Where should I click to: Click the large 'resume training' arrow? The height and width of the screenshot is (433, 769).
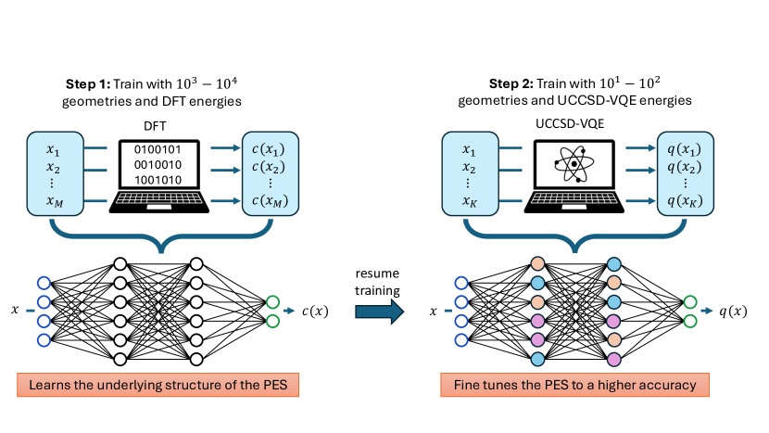click(x=380, y=312)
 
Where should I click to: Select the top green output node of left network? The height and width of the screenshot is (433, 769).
click(x=271, y=300)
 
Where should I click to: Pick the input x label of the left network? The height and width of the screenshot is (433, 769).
click(x=16, y=311)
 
